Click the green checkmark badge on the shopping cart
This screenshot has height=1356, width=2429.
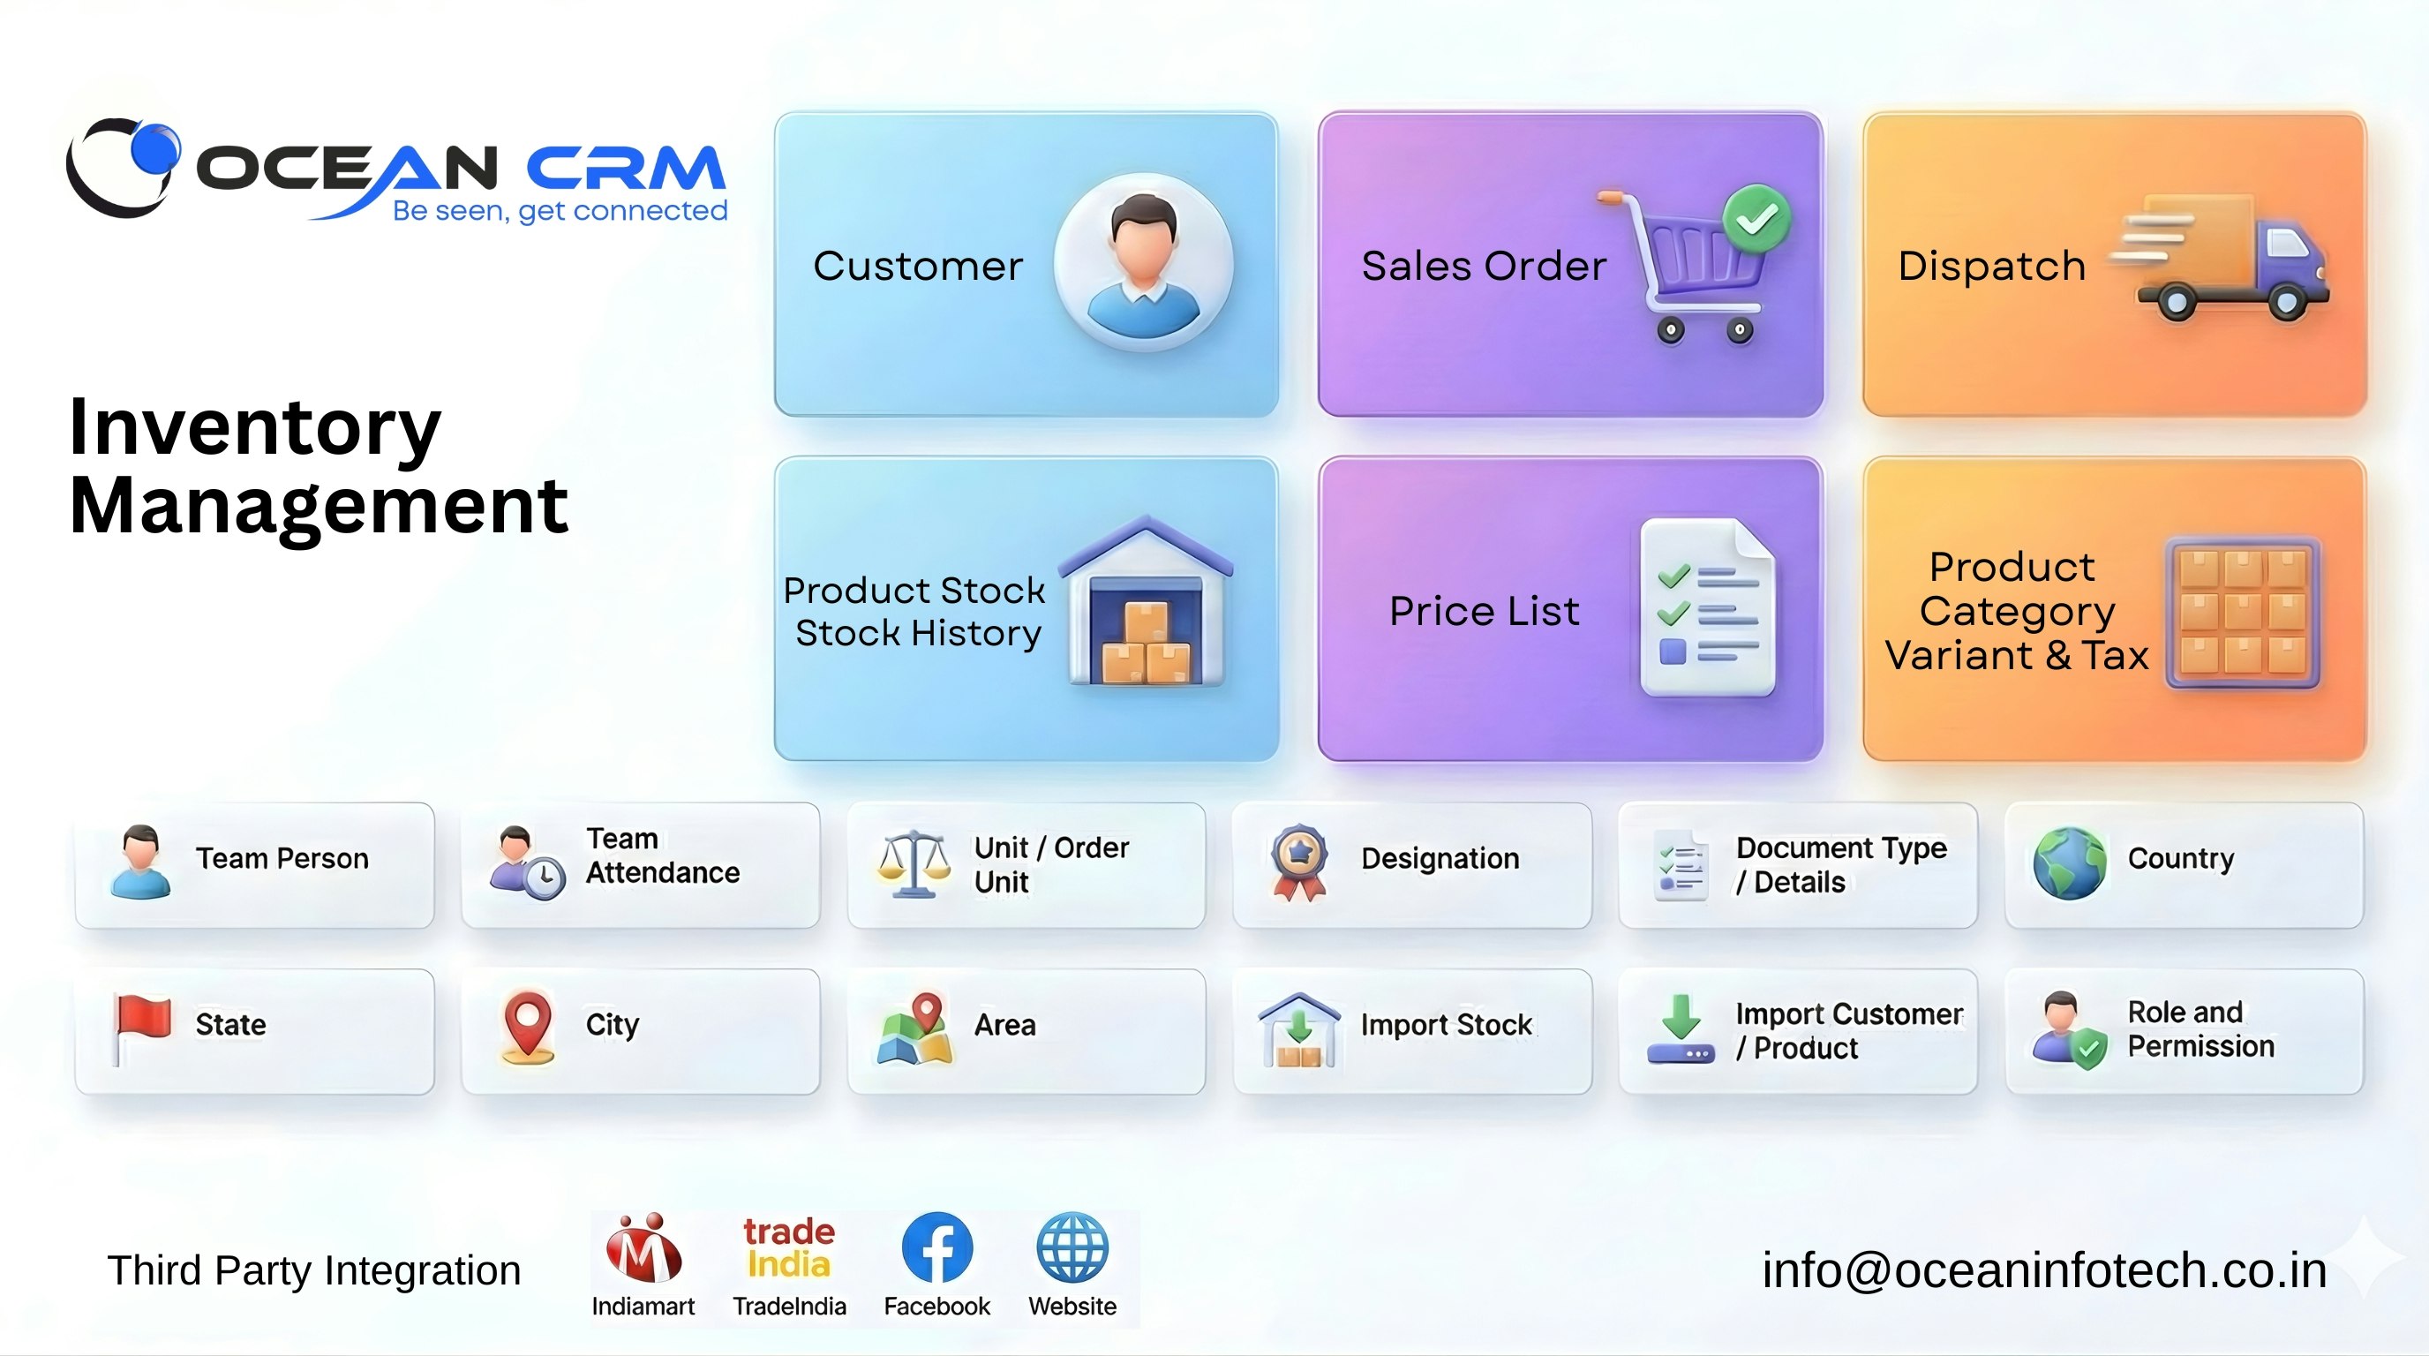(x=1756, y=219)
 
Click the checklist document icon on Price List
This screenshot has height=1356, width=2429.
(x=1707, y=608)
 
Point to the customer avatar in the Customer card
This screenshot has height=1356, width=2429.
(x=1143, y=262)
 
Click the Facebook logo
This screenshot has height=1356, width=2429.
(x=936, y=1247)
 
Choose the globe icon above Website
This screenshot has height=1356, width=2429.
(x=1072, y=1247)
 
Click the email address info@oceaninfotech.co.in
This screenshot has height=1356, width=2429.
(x=2044, y=1270)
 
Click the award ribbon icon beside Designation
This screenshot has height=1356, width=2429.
(x=1299, y=861)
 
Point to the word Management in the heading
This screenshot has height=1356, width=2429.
(x=319, y=507)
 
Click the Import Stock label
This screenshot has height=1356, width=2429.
(x=1446, y=1025)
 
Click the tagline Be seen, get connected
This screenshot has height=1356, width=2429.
(x=560, y=210)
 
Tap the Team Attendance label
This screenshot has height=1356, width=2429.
(x=662, y=855)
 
